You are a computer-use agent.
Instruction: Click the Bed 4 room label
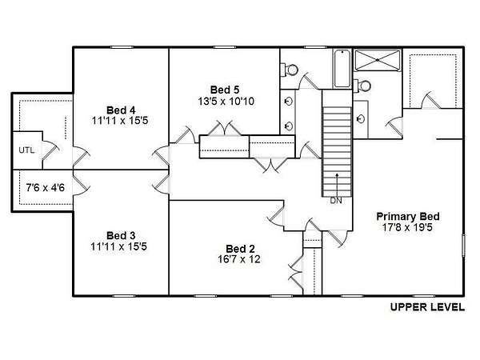coord(121,110)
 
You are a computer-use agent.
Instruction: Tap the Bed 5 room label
coord(225,90)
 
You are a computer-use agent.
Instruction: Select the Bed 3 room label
coord(121,236)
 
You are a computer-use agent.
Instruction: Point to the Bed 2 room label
coord(240,249)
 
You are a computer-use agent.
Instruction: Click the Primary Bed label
coord(408,217)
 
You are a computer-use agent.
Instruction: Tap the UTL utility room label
coord(26,150)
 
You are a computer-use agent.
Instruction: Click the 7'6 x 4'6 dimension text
coord(46,187)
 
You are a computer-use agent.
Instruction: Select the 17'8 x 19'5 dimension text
coord(407,227)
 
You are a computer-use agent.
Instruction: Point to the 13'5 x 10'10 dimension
coord(226,102)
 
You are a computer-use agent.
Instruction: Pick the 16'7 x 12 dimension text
coord(239,259)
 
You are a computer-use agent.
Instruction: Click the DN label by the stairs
coord(336,201)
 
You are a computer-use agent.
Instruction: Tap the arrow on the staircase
coord(337,185)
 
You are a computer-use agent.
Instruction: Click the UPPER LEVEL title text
coord(427,307)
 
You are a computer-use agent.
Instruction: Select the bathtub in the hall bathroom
coord(342,69)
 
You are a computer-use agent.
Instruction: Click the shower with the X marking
coord(378,60)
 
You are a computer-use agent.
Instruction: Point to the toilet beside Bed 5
coord(289,70)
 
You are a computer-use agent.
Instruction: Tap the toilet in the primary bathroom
coord(362,86)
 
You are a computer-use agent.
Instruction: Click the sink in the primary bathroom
coord(361,118)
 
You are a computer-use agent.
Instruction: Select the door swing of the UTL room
coord(50,150)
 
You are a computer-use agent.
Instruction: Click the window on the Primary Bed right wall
coord(463,246)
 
